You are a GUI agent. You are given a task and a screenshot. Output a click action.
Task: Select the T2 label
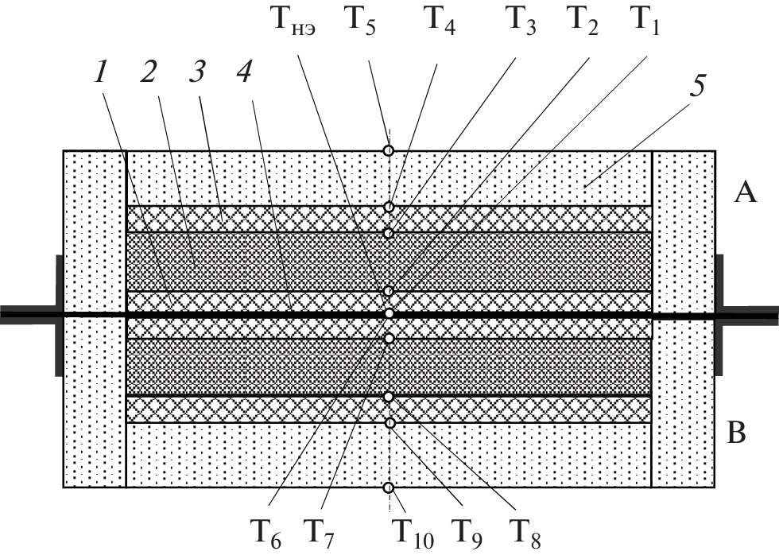583,21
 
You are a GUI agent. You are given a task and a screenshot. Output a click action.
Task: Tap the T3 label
521,22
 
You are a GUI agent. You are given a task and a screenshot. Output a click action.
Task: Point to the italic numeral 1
100,72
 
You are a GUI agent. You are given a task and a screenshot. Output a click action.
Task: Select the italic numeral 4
246,72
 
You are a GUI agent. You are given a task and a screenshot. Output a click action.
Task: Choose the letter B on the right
737,434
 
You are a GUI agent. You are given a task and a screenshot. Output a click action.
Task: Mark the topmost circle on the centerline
389,150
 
